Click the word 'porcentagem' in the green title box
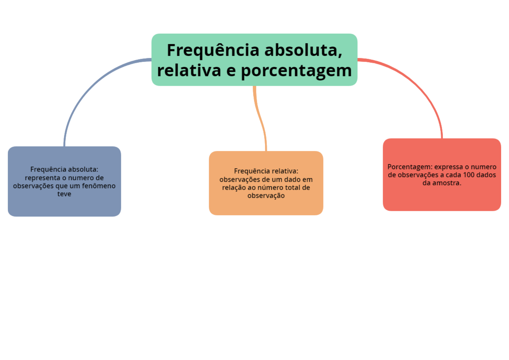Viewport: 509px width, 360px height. click(x=296, y=71)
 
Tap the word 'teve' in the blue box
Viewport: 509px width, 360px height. click(x=64, y=194)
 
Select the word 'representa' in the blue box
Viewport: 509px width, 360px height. click(x=43, y=178)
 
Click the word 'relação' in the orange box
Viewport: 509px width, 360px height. click(x=234, y=188)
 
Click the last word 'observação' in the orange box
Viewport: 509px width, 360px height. click(x=266, y=196)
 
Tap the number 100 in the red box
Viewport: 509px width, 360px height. click(x=468, y=175)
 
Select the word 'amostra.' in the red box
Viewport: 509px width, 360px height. click(x=447, y=183)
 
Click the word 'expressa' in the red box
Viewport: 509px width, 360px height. click(x=448, y=167)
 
